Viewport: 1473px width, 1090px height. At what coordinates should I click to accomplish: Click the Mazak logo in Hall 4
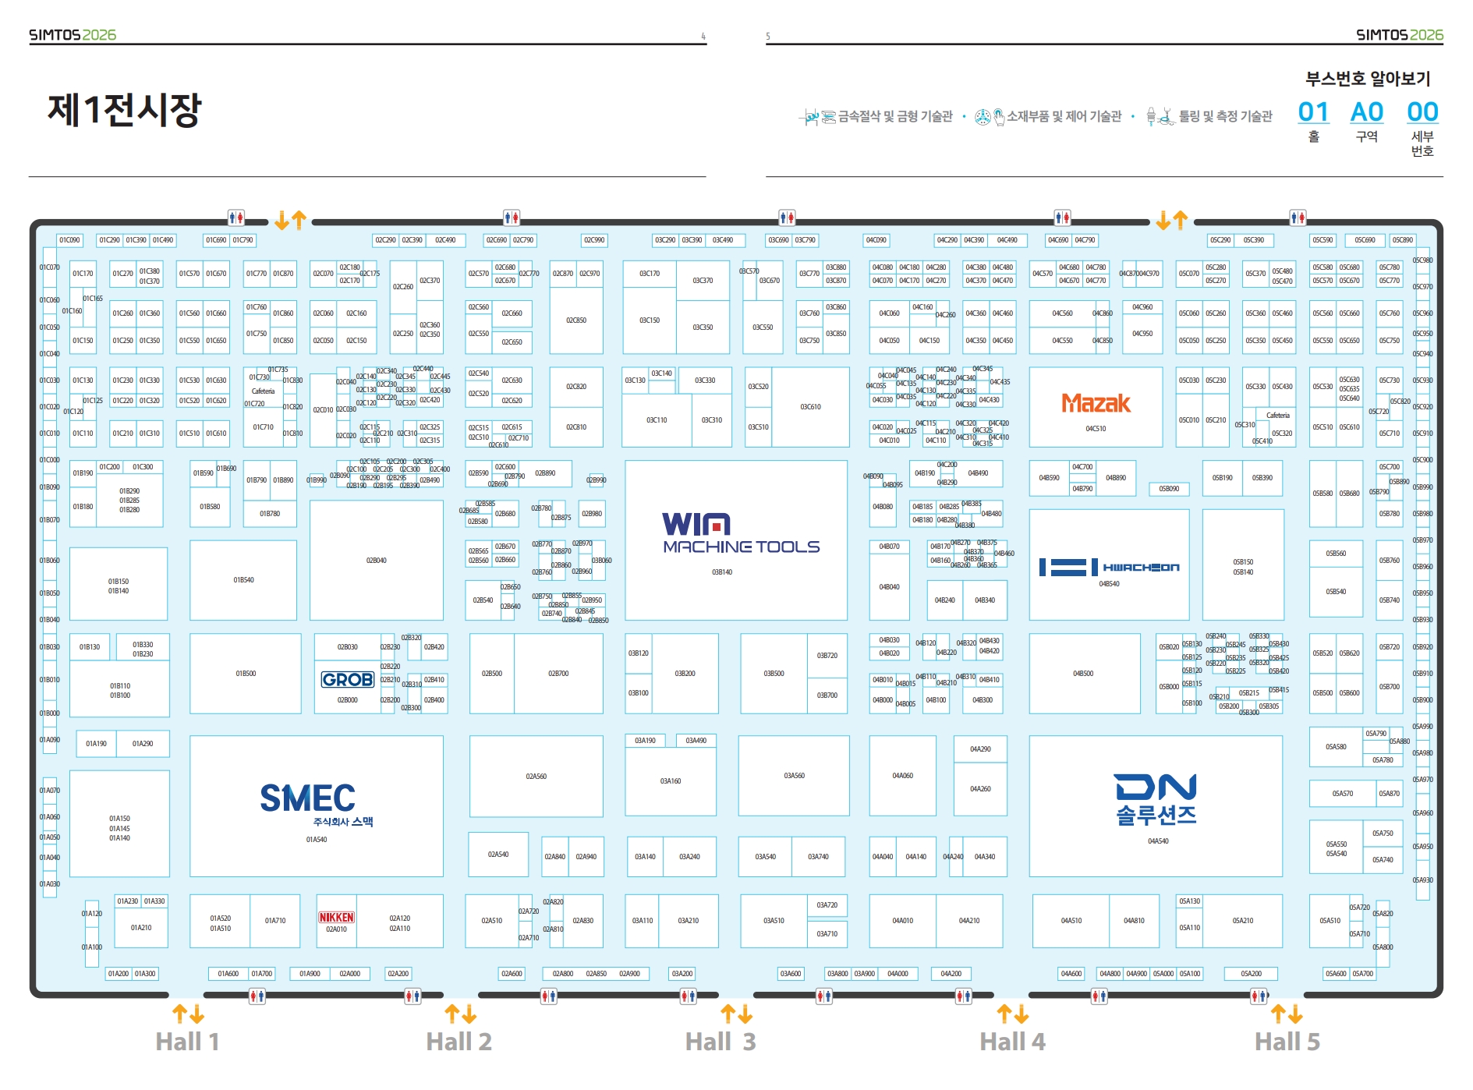(x=1096, y=403)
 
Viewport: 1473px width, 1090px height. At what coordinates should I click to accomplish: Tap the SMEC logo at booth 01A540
(x=308, y=798)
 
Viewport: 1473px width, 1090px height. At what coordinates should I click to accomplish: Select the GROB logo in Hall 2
(x=348, y=680)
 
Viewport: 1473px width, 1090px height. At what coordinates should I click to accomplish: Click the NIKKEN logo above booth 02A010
(x=336, y=918)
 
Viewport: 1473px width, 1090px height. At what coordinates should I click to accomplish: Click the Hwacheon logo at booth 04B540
(x=1109, y=568)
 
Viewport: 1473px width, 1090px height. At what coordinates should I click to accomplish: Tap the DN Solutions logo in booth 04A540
(x=1156, y=800)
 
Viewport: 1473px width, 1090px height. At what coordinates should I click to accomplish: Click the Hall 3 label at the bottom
(x=721, y=1042)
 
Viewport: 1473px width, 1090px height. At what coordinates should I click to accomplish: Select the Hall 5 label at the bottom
(x=1287, y=1042)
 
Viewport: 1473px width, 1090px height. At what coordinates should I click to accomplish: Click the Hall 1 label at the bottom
(x=187, y=1042)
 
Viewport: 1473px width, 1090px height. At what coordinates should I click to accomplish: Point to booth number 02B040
(x=376, y=561)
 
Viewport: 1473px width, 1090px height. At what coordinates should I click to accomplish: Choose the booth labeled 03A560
(x=794, y=776)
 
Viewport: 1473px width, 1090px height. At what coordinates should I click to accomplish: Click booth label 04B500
(x=1083, y=674)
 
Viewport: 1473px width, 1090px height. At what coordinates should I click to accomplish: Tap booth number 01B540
(x=243, y=580)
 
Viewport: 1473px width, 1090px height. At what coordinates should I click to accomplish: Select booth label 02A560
(x=536, y=777)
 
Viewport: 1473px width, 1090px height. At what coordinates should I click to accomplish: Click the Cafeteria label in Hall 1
(x=263, y=391)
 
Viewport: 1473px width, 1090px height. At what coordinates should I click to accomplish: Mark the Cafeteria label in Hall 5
(x=1277, y=416)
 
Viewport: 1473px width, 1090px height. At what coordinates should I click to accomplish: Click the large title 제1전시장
(x=125, y=109)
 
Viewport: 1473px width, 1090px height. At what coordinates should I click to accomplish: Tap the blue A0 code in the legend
(x=1366, y=112)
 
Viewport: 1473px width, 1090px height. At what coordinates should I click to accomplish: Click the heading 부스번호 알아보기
(x=1368, y=79)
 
